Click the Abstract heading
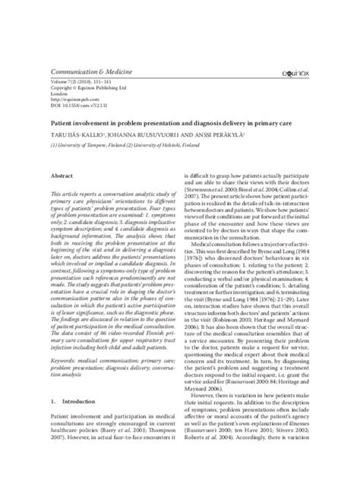coord(62,175)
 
